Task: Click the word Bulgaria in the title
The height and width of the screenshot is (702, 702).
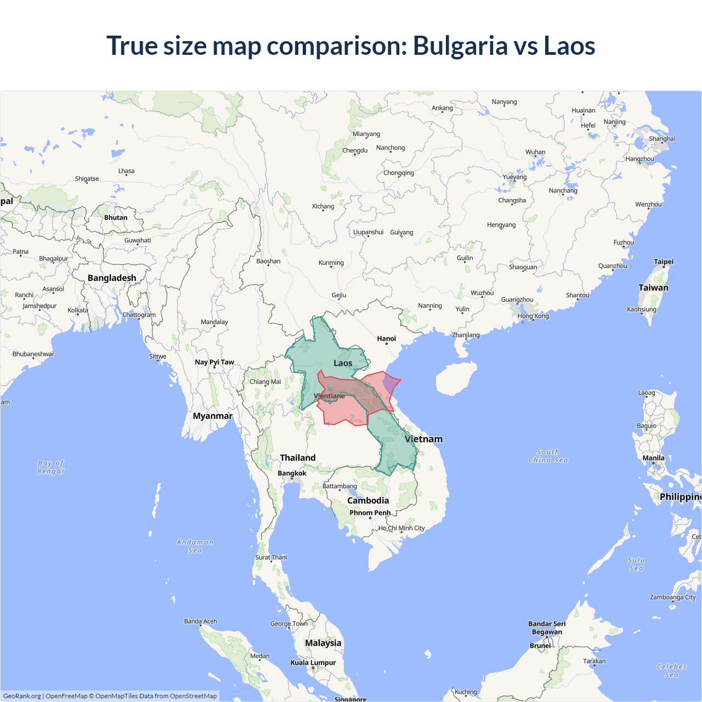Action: tap(460, 46)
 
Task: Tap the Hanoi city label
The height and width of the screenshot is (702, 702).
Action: tap(386, 338)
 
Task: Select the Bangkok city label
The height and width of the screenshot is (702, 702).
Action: tap(292, 473)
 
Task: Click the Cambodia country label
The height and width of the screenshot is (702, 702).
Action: tap(368, 500)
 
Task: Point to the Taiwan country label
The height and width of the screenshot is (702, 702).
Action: tap(653, 287)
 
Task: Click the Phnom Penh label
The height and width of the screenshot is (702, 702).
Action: tap(370, 513)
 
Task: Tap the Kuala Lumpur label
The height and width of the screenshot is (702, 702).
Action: tap(313, 663)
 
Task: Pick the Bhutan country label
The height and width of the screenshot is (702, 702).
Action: tap(116, 217)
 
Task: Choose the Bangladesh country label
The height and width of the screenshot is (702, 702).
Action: tap(112, 278)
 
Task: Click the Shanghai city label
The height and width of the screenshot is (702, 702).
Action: tap(661, 139)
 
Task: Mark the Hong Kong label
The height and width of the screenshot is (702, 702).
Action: tap(533, 316)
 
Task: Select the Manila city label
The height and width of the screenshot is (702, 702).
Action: tap(653, 458)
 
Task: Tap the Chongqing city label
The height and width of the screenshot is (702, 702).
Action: tap(399, 173)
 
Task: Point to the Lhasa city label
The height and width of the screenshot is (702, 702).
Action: tap(126, 171)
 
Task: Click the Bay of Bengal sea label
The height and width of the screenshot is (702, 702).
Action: tap(50, 467)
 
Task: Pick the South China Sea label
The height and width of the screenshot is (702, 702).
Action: tap(548, 456)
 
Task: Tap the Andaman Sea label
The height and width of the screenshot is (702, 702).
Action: tap(195, 546)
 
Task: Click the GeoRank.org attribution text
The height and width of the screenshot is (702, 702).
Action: tap(22, 696)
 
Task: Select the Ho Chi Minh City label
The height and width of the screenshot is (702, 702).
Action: tap(401, 528)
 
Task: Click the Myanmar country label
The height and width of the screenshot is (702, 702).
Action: tap(212, 416)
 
